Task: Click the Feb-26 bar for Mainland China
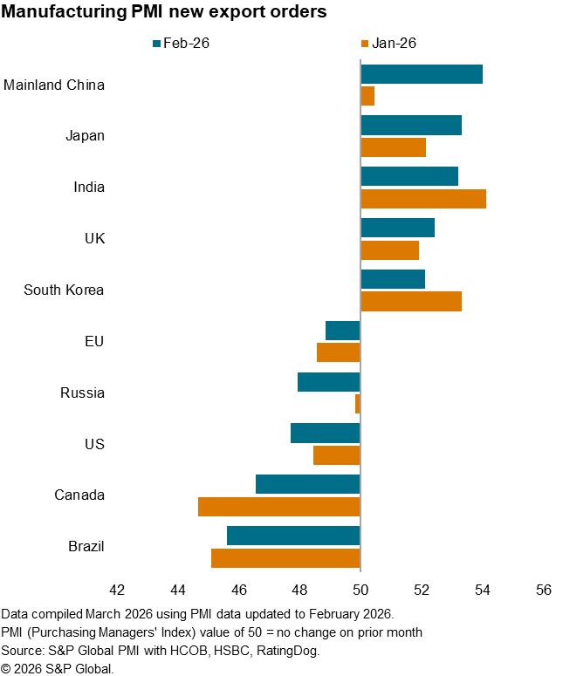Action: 422,74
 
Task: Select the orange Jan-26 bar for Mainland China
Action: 367,96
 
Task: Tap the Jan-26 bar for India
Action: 423,198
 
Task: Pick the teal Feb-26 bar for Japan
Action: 411,125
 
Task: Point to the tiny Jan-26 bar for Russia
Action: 358,403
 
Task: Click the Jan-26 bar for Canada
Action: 279,506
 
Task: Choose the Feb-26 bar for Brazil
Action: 293,536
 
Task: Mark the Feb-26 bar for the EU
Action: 343,331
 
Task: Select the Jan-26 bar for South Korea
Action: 411,301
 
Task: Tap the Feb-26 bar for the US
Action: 326,433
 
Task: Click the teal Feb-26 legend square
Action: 156,42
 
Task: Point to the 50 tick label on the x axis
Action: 360,590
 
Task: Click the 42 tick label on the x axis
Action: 117,590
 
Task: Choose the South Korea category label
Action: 64,290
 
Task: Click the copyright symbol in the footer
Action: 7,668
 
